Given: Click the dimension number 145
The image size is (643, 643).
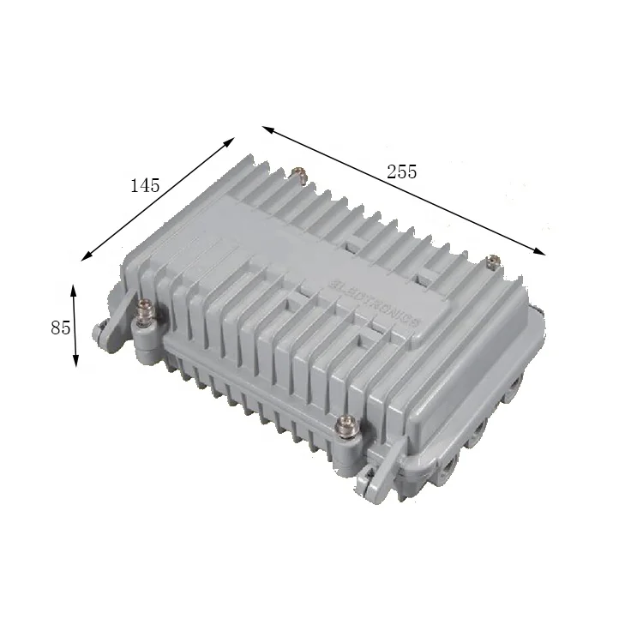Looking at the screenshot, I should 145,185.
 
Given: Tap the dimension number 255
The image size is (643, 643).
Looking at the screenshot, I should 401,171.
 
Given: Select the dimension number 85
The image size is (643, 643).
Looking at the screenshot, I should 60,328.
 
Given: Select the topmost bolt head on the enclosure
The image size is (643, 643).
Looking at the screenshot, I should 299,174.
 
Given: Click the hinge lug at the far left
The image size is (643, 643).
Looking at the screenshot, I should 104,334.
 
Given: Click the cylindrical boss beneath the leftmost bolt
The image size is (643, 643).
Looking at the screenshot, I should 145,343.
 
